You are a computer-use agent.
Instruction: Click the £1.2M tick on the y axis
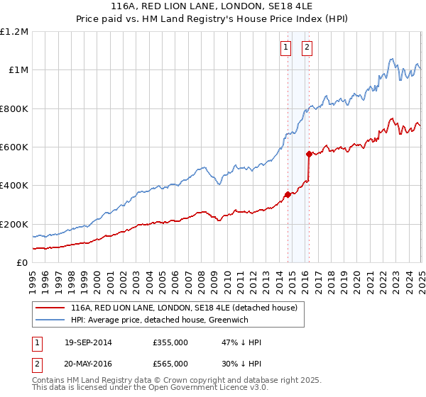(x=14, y=32)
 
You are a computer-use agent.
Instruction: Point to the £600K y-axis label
(x=14, y=147)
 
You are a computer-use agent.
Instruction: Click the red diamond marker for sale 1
(x=288, y=194)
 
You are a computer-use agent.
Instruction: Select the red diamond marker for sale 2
(x=309, y=154)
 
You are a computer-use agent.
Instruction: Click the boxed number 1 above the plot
(x=285, y=47)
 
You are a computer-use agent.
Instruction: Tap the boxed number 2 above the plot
(x=307, y=47)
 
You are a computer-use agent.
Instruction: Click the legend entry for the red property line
(x=187, y=308)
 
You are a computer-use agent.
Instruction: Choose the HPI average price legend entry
(x=169, y=320)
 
